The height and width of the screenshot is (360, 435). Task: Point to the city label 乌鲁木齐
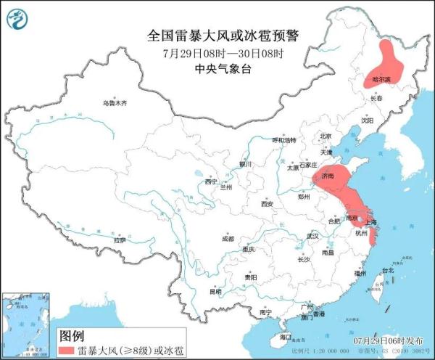click(114, 104)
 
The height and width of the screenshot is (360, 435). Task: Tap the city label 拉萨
click(120, 240)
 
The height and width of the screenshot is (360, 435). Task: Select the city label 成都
click(228, 238)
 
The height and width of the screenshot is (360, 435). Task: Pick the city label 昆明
click(216, 292)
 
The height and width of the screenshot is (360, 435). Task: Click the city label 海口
click(285, 337)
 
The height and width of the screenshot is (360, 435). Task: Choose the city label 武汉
click(312, 236)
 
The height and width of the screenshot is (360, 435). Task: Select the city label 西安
click(266, 205)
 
